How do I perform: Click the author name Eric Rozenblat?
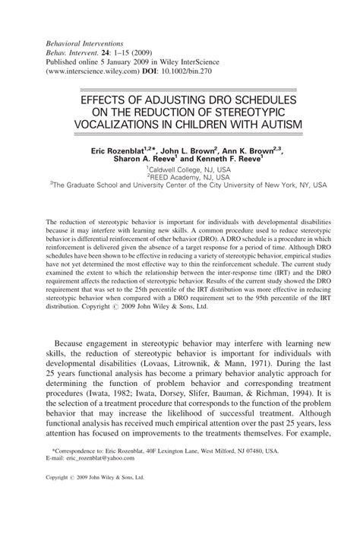click(117, 152)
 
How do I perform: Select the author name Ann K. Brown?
click(236, 152)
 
